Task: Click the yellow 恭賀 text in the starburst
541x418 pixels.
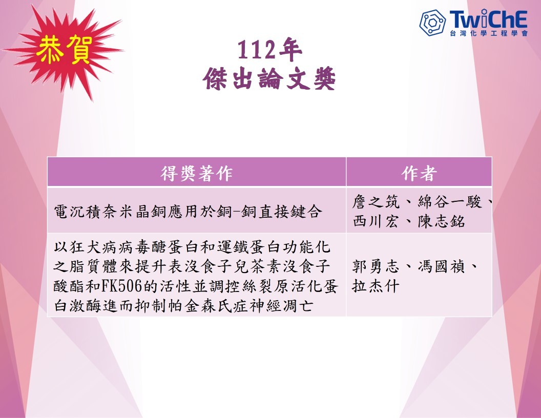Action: (x=64, y=50)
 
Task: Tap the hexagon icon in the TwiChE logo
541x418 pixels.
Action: (x=432, y=23)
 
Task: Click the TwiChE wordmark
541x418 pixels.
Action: (x=489, y=19)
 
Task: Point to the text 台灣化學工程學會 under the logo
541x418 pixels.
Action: (x=489, y=33)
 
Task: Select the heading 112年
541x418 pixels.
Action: (x=269, y=50)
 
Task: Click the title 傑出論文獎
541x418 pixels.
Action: (x=269, y=79)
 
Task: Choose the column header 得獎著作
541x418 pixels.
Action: (x=197, y=173)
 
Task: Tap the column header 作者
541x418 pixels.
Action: (x=419, y=173)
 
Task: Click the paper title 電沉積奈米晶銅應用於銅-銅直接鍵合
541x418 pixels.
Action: (x=188, y=211)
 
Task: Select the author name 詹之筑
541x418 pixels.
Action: (x=376, y=202)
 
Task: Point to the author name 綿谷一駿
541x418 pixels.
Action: (x=450, y=202)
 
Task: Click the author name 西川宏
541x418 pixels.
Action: (x=376, y=221)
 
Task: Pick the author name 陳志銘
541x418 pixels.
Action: (x=441, y=221)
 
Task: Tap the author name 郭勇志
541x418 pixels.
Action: (x=376, y=266)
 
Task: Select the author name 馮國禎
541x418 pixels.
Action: (x=441, y=266)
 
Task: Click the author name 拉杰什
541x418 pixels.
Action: (x=376, y=286)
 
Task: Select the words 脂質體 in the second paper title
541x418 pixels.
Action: (x=94, y=266)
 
